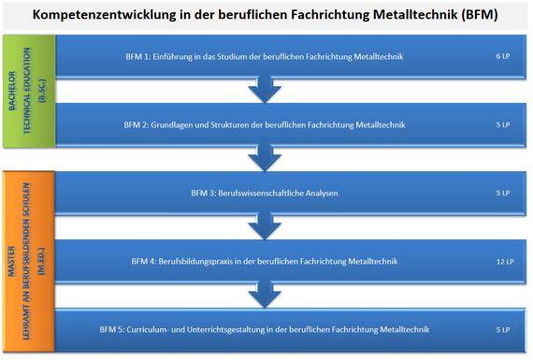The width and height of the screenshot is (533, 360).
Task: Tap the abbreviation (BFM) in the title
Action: tap(480, 15)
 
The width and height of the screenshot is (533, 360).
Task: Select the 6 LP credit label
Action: tap(503, 56)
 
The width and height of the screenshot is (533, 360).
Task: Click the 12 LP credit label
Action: tap(505, 262)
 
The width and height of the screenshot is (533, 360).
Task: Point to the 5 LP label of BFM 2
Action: tap(503, 124)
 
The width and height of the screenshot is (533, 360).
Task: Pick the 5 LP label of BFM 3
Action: tap(503, 193)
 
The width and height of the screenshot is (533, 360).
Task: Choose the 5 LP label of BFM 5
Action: tap(503, 329)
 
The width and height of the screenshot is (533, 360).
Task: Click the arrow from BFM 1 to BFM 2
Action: tap(265, 89)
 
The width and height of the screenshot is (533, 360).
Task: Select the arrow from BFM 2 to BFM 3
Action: tap(265, 157)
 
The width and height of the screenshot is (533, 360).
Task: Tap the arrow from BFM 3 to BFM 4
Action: tap(265, 225)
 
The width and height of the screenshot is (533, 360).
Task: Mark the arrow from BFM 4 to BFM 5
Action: tap(265, 294)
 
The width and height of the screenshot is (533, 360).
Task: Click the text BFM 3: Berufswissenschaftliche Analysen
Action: tap(265, 193)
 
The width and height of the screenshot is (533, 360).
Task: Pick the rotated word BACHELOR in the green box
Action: tap(12, 91)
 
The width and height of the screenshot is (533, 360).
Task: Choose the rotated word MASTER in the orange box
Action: tap(12, 261)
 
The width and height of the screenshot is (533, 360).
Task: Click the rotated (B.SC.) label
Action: tap(42, 91)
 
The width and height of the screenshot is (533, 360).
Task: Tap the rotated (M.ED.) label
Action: tap(41, 261)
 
